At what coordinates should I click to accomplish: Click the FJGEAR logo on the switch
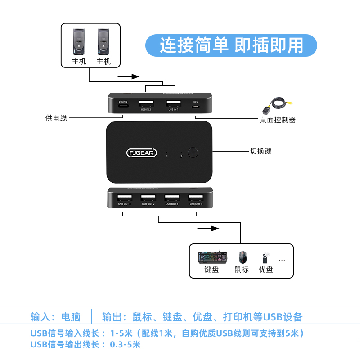tap(142, 153)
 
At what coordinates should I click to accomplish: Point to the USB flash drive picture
tap(265, 258)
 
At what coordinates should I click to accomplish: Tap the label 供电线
tap(56, 118)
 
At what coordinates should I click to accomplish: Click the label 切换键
tap(261, 151)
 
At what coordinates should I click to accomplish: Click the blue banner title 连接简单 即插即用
tap(231, 45)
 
